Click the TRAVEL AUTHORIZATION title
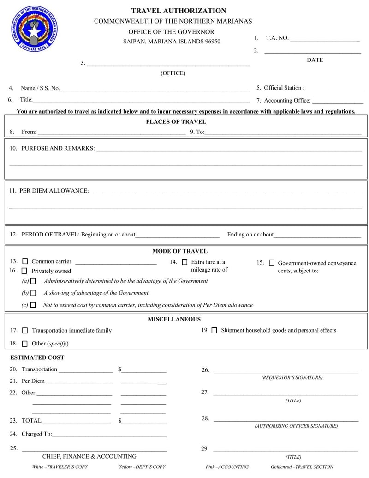pos(179,11)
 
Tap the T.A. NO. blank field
pos(325,39)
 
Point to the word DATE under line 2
pos(315,60)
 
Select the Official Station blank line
pos(334,88)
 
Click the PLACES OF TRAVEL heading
pos(176,122)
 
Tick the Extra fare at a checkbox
pos(184,262)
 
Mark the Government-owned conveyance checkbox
pos(271,263)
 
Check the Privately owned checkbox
pos(24,271)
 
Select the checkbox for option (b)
pos(33,293)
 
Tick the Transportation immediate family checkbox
pos(25,331)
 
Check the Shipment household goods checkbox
pos(214,331)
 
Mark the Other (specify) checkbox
pos(25,344)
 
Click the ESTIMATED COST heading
pos(37,357)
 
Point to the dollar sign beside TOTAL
pos(120,421)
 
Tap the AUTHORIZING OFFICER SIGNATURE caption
pos(296,426)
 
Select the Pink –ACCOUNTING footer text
pos(227,467)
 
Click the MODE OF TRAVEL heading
pos(180,251)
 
